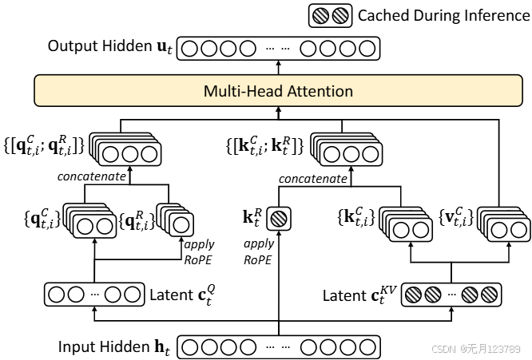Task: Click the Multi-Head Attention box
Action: click(278, 90)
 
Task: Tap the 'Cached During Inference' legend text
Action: click(444, 16)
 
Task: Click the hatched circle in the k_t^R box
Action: click(279, 219)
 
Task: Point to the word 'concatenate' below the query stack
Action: click(92, 176)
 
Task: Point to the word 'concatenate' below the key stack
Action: click(313, 179)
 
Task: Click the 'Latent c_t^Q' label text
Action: click(183, 295)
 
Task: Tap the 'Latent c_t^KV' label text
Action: click(359, 295)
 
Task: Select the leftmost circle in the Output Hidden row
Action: click(189, 49)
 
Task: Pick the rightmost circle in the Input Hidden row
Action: click(367, 347)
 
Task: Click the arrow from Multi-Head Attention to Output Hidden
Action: click(279, 68)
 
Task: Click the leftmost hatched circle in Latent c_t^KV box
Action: click(414, 295)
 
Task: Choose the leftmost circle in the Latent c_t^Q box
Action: click(57, 295)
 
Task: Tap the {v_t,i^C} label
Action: click(456, 217)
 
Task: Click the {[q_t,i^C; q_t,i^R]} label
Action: click(44, 145)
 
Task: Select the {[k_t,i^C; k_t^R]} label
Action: click(264, 145)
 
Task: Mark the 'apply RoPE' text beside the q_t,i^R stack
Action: click(199, 252)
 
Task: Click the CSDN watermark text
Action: click(476, 349)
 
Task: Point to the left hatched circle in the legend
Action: click(320, 16)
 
